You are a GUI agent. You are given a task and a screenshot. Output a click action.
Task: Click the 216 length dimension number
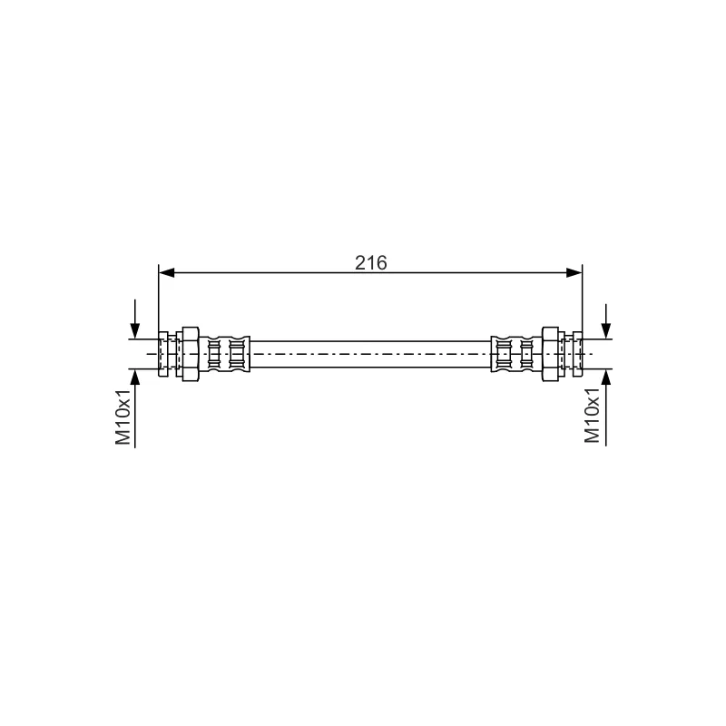click(371, 263)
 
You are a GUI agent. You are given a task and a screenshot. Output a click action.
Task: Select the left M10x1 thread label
click(123, 416)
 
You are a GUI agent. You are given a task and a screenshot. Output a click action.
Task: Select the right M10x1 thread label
click(592, 416)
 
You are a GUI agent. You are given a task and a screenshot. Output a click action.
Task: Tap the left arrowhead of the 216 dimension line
click(167, 273)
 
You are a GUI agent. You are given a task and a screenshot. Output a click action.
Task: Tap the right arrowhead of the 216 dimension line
click(574, 273)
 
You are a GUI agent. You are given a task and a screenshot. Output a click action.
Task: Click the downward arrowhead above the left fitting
click(134, 330)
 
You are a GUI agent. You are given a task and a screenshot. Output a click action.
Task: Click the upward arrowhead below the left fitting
click(134, 378)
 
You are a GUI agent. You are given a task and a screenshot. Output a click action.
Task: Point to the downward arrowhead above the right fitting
click(606, 330)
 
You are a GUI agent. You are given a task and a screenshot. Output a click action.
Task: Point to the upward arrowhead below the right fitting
click(606, 378)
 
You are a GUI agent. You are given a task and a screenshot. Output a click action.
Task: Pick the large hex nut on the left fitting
click(191, 354)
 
